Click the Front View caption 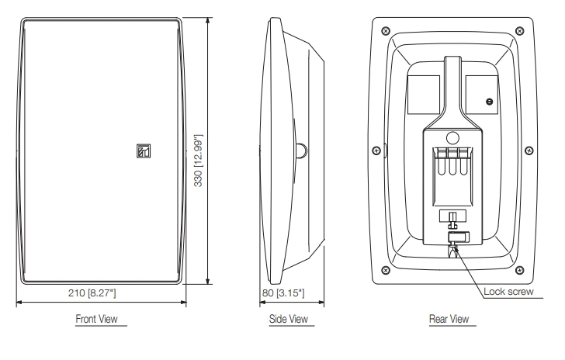97,319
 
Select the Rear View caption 447,319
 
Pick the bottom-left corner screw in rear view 384,271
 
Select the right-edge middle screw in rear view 530,149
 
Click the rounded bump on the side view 300,149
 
